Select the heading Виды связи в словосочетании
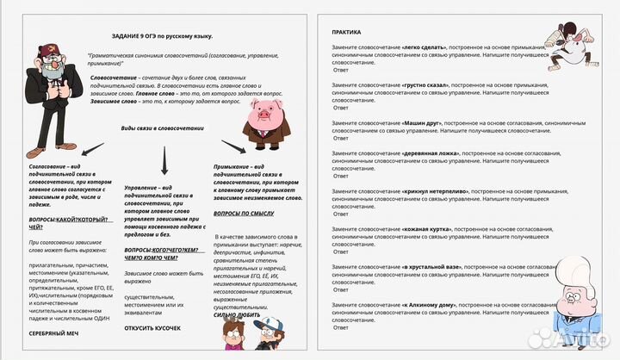coord(152,128)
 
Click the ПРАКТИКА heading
coord(347,32)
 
